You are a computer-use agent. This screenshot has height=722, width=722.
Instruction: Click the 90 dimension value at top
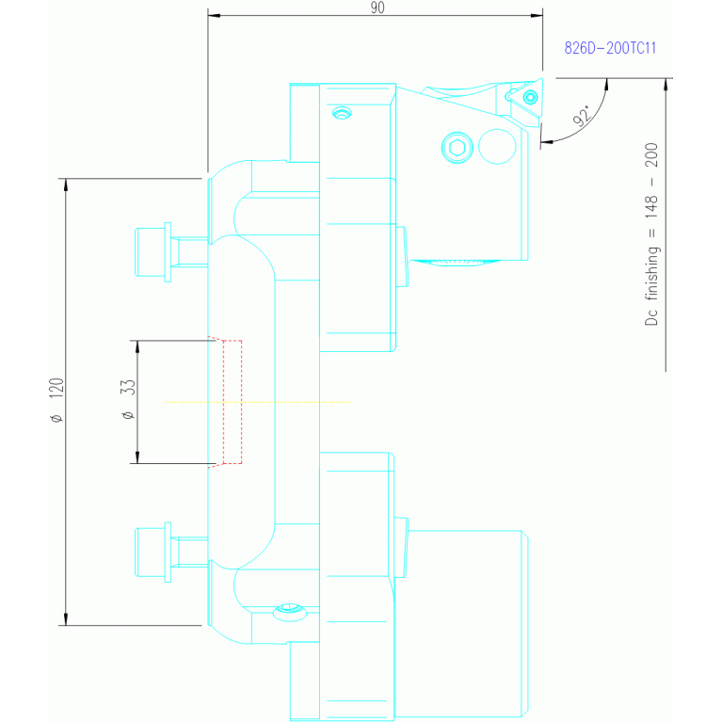tap(377, 8)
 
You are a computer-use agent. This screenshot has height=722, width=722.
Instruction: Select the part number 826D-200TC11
tap(610, 48)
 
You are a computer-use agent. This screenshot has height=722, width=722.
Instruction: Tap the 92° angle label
tap(583, 116)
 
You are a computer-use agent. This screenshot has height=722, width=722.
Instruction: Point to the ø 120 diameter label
tap(56, 400)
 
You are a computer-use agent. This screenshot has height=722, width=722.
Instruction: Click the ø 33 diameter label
tap(128, 399)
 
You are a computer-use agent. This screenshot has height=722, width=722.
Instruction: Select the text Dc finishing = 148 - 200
tap(651, 234)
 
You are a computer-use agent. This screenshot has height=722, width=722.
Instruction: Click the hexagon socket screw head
tap(457, 148)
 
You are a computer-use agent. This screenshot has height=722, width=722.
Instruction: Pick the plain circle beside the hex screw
tap(497, 147)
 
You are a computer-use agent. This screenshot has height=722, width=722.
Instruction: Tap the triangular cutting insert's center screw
tap(531, 98)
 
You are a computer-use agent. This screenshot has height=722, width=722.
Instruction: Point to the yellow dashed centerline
tap(257, 402)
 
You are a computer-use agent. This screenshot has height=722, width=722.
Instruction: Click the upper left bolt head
tap(151, 252)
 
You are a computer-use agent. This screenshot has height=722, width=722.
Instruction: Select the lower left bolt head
tap(151, 553)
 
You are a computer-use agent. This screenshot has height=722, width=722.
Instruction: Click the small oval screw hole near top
tap(342, 113)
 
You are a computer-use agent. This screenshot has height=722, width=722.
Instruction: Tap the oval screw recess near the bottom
tap(290, 612)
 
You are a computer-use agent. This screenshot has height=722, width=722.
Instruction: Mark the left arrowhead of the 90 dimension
tap(214, 15)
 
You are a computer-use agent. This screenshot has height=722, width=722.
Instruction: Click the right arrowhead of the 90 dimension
tap(537, 15)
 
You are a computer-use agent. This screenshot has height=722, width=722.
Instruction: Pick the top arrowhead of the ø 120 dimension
tap(66, 185)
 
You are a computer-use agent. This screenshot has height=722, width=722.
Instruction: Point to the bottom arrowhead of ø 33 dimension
tap(137, 457)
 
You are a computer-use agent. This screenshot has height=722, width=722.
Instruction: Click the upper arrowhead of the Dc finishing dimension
tap(666, 85)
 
